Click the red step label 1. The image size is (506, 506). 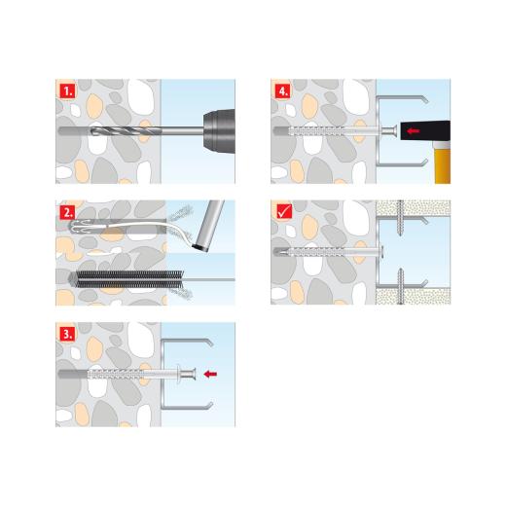click(x=68, y=91)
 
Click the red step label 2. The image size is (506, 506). click(x=68, y=213)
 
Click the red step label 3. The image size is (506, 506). click(x=68, y=334)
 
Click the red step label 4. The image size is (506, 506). click(x=283, y=91)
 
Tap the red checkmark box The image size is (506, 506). click(x=284, y=212)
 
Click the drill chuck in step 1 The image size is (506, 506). click(x=219, y=131)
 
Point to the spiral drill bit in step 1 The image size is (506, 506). click(x=126, y=131)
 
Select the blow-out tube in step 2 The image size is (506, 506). click(x=208, y=225)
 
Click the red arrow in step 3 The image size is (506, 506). click(x=210, y=374)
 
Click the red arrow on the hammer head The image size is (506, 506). click(x=414, y=130)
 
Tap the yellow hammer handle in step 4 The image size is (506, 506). click(x=442, y=166)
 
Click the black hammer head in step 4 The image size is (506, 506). click(x=425, y=130)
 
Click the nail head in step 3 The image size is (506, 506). click(x=188, y=374)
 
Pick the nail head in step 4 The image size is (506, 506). click(x=389, y=130)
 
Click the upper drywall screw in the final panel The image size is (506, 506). click(x=401, y=219)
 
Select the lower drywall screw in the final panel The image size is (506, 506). click(x=401, y=286)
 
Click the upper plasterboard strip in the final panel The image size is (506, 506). click(x=414, y=208)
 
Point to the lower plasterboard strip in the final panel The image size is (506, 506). click(x=414, y=297)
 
